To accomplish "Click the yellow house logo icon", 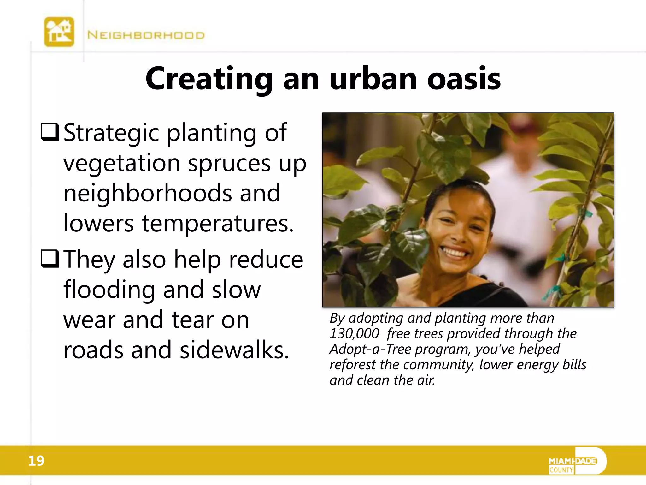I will [59, 32].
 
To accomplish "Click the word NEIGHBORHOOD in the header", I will [146, 35].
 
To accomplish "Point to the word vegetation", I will [122, 163].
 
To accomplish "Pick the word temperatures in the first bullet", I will [218, 223].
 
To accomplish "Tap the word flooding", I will [109, 290].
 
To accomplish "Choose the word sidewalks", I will [234, 350].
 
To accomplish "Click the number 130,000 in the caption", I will [354, 333].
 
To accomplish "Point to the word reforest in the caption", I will [353, 364].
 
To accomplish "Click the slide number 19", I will [36, 461].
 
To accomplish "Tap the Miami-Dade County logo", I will [577, 461].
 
